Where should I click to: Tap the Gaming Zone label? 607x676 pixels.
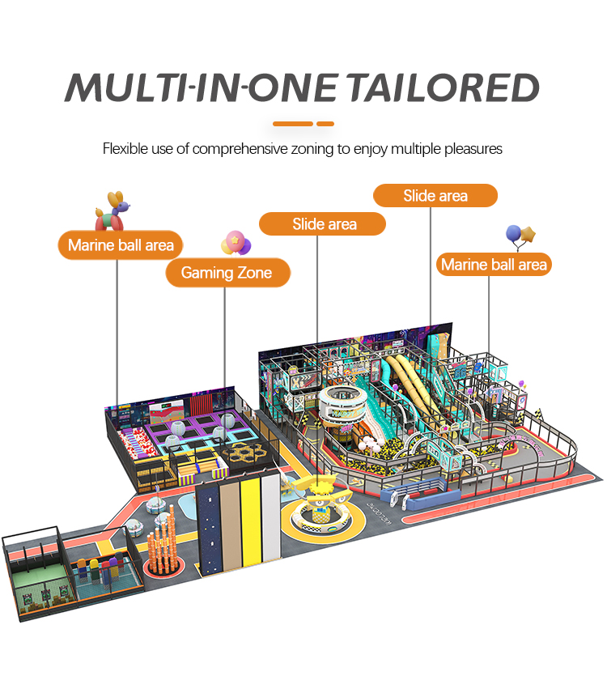point(226,273)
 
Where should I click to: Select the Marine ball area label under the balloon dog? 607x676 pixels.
point(121,244)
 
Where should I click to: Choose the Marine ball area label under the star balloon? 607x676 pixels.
point(494,264)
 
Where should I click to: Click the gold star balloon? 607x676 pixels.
point(529,236)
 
